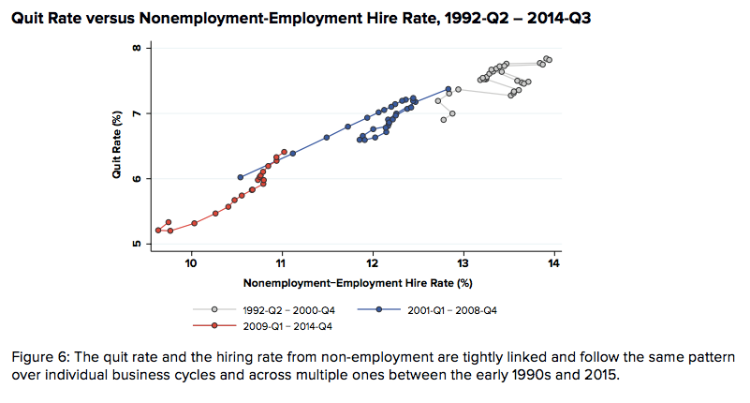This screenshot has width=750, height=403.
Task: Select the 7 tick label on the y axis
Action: coord(139,113)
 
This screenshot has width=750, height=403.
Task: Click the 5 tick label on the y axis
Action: coord(139,245)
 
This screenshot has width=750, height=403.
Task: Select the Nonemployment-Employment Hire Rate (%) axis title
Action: coord(357,283)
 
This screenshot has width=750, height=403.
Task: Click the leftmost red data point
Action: coord(158,230)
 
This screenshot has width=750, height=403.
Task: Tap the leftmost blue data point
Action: coord(241,177)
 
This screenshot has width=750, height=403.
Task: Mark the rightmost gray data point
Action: coord(550,60)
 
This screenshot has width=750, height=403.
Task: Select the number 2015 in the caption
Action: coord(600,375)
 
